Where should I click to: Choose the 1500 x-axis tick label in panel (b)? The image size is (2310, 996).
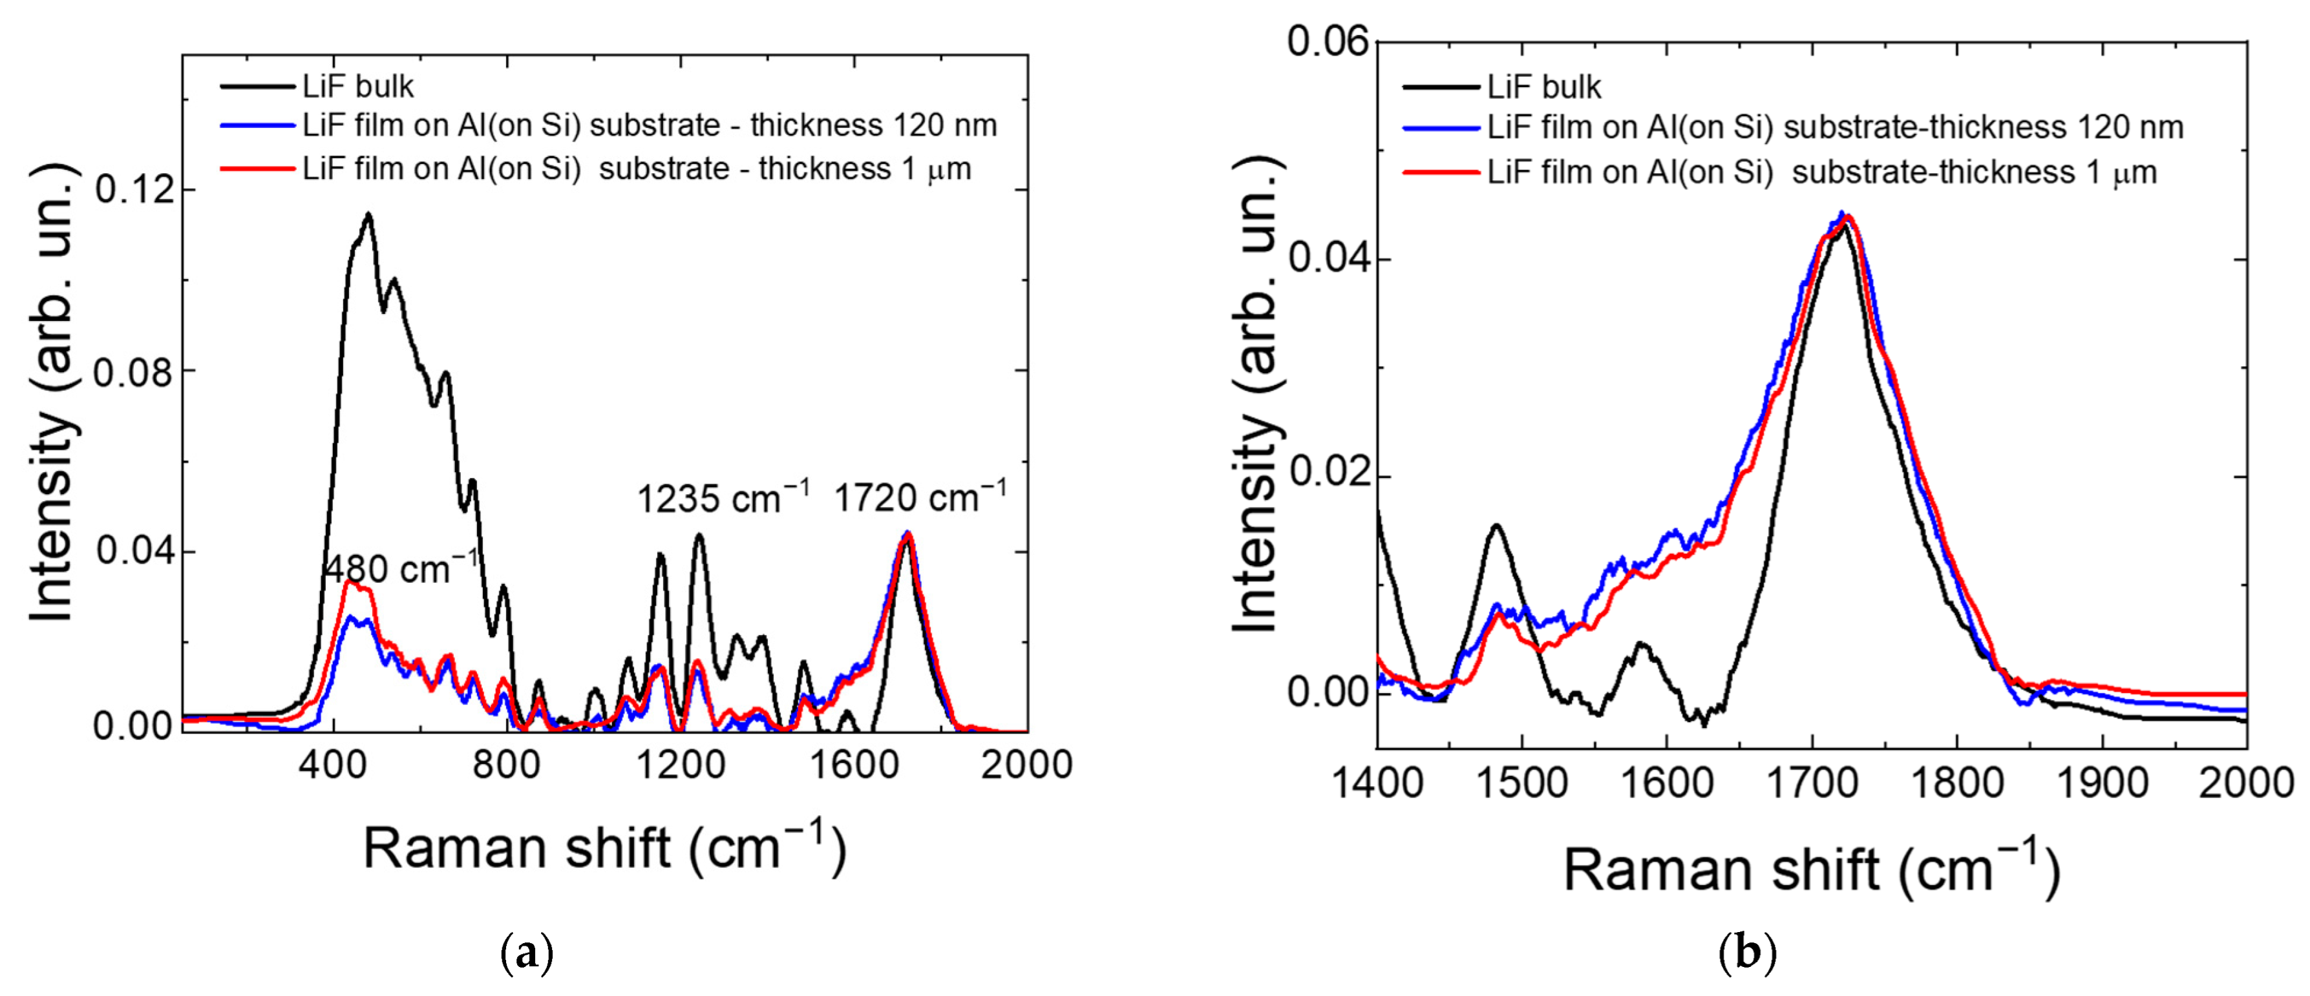click(x=1521, y=783)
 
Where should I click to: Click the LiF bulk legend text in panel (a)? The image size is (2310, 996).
click(x=358, y=87)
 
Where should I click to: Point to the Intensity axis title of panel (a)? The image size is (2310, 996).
click(x=52, y=395)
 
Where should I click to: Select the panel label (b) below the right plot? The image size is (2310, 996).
click(x=1747, y=953)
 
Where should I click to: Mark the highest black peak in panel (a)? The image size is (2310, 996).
click(x=368, y=214)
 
